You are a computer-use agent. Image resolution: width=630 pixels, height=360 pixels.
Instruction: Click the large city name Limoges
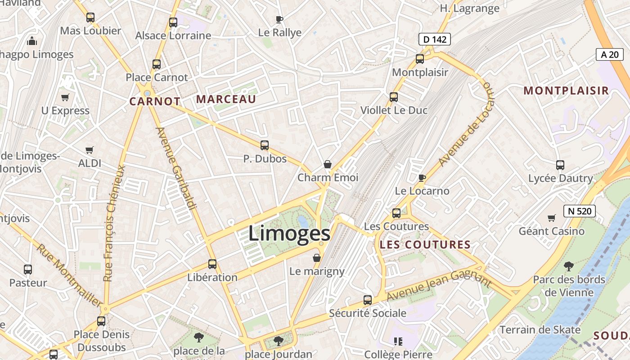point(289,234)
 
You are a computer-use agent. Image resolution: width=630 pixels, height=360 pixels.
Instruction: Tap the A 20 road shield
point(610,54)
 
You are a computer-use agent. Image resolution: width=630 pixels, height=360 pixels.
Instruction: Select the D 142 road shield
point(435,39)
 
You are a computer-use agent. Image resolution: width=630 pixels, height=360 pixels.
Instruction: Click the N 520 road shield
point(580,211)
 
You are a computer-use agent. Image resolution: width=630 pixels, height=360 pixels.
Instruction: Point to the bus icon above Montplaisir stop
point(420,58)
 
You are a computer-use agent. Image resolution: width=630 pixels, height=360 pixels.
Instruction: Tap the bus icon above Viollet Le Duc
point(394,97)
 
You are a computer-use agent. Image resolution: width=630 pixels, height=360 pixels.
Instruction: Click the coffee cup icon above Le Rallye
point(279,19)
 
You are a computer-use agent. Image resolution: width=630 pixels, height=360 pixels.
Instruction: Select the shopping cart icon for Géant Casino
point(552,218)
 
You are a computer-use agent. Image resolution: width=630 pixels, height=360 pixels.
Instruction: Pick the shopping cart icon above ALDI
point(90,150)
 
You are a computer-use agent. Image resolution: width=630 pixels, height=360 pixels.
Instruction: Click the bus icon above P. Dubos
point(265,145)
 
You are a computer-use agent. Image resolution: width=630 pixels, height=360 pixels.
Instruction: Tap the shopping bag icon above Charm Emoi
point(328,164)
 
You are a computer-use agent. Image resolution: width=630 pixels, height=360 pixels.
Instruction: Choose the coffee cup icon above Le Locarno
point(422,178)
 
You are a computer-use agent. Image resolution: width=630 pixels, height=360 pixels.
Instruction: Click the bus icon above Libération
point(212,264)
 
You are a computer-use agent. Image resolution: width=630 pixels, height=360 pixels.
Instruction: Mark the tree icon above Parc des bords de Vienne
point(569,266)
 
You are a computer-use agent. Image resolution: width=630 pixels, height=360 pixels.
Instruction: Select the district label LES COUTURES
point(425,245)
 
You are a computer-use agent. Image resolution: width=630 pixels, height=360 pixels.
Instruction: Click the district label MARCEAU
point(226,99)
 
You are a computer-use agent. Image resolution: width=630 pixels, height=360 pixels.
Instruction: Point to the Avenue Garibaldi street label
point(176,168)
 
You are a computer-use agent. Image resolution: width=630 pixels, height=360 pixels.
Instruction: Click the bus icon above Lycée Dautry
point(560,165)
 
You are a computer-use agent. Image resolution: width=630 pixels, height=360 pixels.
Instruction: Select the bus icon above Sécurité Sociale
point(368,300)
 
